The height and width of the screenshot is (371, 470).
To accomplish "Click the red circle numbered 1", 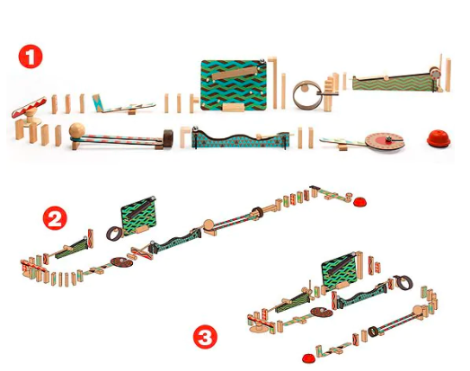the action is [31, 57].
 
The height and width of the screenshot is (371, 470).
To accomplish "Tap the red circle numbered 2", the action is [55, 218].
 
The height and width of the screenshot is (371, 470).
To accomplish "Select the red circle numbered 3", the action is [205, 337].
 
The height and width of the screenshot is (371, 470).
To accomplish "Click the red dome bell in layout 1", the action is [439, 138].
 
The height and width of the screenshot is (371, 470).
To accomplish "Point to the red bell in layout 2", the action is [359, 202].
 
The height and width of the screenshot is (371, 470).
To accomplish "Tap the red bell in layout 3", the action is [308, 358].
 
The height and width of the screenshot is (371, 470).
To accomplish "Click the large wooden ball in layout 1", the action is [77, 130].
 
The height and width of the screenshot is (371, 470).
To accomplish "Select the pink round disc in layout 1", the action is [385, 141].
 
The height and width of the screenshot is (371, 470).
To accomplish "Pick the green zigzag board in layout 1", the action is [234, 85].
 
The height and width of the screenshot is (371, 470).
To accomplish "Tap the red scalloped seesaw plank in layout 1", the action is [29, 107].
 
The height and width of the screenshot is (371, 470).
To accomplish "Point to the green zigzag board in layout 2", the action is [138, 216].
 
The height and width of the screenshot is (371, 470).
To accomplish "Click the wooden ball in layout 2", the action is [208, 225].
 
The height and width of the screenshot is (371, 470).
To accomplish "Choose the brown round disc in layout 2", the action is [121, 262].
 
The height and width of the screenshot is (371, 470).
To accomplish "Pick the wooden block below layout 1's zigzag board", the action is [233, 107].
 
